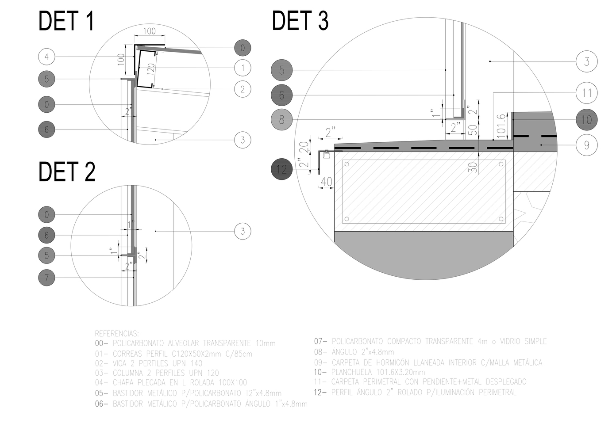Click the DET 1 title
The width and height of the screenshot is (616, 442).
(66, 21)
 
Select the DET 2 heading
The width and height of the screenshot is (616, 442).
(67, 172)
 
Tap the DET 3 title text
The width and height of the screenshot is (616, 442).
(300, 21)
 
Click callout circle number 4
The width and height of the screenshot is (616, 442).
(46, 57)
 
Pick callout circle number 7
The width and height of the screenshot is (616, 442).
(46, 278)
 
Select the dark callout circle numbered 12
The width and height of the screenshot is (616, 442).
(281, 169)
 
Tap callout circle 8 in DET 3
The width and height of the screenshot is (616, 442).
(281, 119)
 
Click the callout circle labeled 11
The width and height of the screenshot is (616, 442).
(587, 93)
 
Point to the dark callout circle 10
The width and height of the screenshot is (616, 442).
(587, 119)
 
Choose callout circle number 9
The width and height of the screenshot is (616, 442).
(587, 145)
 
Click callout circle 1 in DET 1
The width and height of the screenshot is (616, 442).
(243, 68)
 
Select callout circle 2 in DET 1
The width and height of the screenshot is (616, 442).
(243, 89)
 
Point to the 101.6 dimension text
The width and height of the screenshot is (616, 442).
(501, 126)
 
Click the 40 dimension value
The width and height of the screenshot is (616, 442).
(326, 182)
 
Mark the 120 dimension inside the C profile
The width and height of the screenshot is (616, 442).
(151, 69)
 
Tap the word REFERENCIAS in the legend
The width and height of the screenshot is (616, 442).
(117, 334)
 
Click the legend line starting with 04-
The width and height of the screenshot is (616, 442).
(171, 383)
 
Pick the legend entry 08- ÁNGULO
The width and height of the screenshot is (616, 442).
(354, 352)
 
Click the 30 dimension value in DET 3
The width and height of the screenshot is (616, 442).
(473, 167)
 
